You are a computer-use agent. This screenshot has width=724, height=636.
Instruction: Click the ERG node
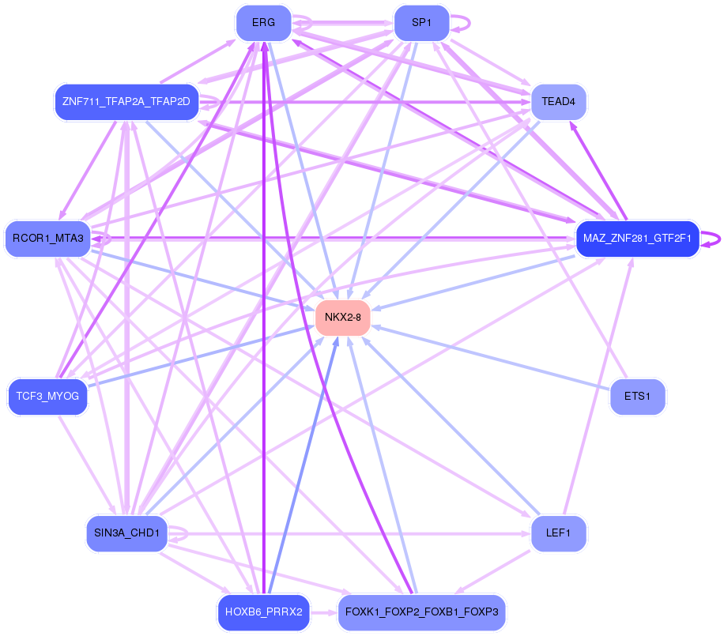264,23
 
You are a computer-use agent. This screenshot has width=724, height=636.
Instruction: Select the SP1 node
421,23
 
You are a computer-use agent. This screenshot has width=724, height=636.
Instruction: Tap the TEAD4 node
559,102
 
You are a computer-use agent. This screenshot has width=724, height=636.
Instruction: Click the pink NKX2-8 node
342,318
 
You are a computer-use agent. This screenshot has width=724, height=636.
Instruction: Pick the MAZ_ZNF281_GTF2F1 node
637,239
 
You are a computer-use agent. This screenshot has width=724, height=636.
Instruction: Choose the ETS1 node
638,397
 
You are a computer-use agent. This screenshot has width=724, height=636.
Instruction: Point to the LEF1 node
559,533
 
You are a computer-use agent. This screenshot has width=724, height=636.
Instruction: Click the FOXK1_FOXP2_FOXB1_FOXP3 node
421,612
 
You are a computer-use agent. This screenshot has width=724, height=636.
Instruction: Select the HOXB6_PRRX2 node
264,612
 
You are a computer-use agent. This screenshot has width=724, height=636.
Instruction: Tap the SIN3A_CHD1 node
127,533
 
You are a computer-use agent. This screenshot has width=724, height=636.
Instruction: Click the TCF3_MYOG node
48,397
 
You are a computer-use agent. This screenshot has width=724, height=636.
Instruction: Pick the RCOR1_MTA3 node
48,239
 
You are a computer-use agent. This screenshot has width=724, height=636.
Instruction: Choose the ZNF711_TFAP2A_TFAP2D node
126,102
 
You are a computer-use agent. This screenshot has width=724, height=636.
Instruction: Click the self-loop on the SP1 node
460,23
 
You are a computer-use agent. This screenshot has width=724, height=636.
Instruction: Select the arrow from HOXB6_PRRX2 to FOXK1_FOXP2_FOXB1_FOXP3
324,612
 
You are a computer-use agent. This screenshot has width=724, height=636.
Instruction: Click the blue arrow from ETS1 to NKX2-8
491,357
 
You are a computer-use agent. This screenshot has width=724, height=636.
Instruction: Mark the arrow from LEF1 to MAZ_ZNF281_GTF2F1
598,386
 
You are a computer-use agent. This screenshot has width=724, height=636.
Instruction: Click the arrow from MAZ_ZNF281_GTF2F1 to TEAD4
598,171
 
